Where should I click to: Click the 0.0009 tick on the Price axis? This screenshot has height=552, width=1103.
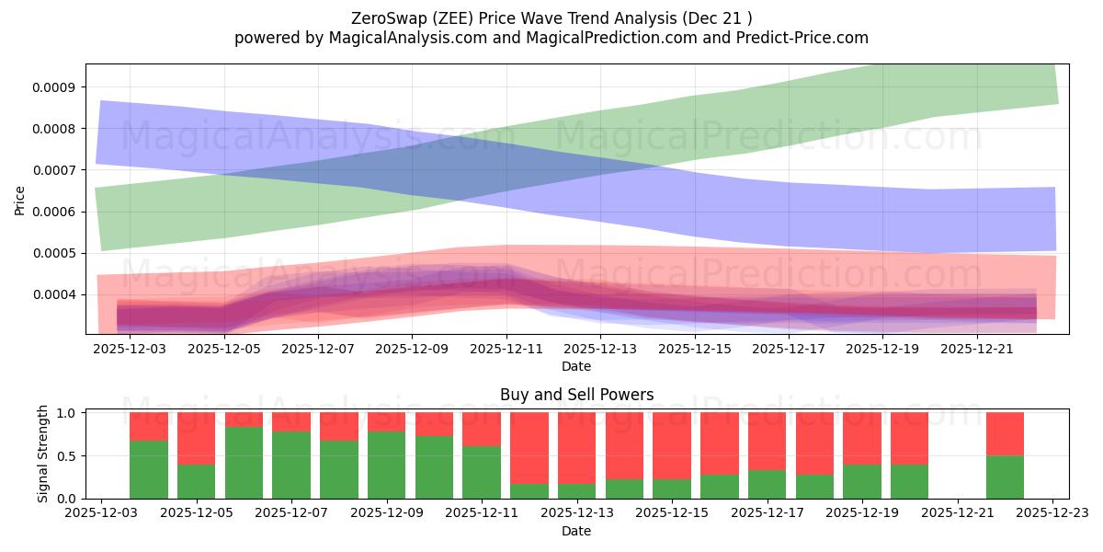pos(57,87)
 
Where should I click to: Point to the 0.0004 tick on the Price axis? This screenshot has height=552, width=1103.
pos(57,294)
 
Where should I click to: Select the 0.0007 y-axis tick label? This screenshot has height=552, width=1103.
pos(57,170)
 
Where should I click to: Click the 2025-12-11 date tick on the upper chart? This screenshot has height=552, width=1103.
pos(506,350)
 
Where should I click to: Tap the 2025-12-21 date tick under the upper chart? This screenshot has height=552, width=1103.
pos(976,350)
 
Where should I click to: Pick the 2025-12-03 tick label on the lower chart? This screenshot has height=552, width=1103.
pos(101,513)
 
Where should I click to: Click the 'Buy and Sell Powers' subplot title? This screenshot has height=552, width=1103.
pos(576,395)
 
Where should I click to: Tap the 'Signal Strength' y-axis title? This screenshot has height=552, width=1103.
pos(43,454)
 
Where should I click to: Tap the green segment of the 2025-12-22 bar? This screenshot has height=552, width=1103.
pos(1005,477)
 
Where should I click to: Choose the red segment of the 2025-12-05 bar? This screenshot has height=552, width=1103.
pos(197,438)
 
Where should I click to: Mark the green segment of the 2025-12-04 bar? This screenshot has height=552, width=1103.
pos(149,469)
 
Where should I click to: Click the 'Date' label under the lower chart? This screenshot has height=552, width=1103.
pos(576,531)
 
